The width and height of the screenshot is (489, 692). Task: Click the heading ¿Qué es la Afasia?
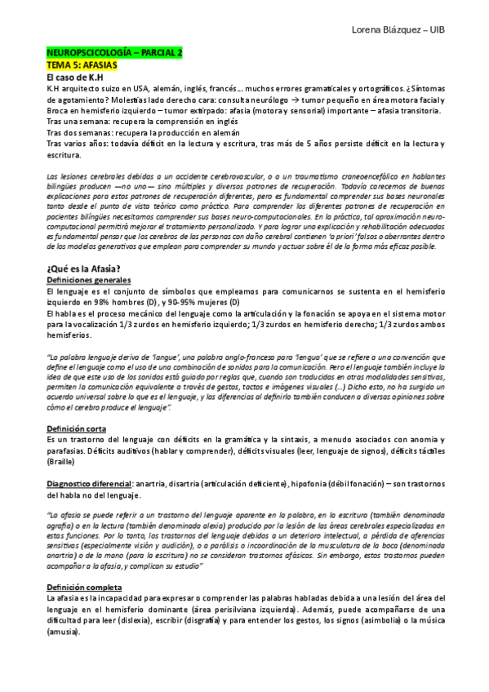[x=85, y=246]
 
